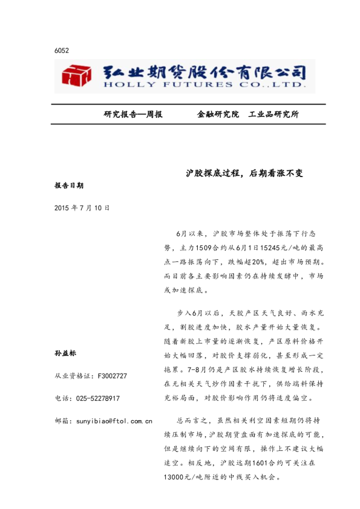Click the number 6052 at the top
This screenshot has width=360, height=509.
(x=61, y=51)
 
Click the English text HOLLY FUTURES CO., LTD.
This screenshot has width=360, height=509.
(x=204, y=86)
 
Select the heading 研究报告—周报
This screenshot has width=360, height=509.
(x=133, y=114)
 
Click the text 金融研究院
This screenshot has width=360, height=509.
(x=218, y=114)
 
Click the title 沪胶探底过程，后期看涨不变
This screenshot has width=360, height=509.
(x=244, y=173)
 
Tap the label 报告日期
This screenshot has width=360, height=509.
(x=68, y=186)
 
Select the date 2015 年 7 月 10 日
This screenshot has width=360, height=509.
(x=82, y=207)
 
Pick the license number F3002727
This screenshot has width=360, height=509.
(x=112, y=376)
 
